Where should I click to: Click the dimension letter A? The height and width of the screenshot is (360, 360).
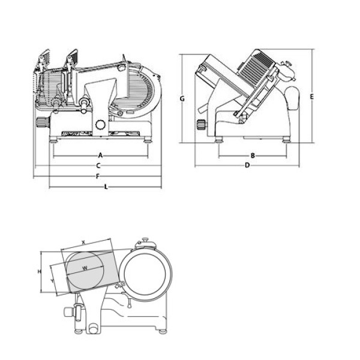pyautogui.click(x=101, y=155)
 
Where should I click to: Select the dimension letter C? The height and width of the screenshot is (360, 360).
pyautogui.click(x=98, y=165)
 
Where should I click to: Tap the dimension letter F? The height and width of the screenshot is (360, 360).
pyautogui.click(x=98, y=176)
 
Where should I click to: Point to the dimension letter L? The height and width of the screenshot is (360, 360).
pyautogui.click(x=106, y=187)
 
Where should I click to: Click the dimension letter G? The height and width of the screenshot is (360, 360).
pyautogui.click(x=181, y=98)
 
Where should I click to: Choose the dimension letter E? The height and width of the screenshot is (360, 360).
pyautogui.click(x=312, y=96)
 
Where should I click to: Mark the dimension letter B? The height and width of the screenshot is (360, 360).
pyautogui.click(x=253, y=155)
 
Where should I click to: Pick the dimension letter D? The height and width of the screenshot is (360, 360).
pyautogui.click(x=247, y=165)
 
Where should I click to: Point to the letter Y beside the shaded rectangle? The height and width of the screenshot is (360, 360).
pyautogui.click(x=53, y=280)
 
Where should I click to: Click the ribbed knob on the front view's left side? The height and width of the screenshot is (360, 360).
pyautogui.click(x=41, y=124)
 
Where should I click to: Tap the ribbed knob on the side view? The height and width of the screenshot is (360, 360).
pyautogui.click(x=200, y=125)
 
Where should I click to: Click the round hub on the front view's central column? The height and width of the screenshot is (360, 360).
pyautogui.click(x=100, y=125)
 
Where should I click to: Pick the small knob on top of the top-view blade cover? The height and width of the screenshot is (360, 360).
pyautogui.click(x=144, y=242)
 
